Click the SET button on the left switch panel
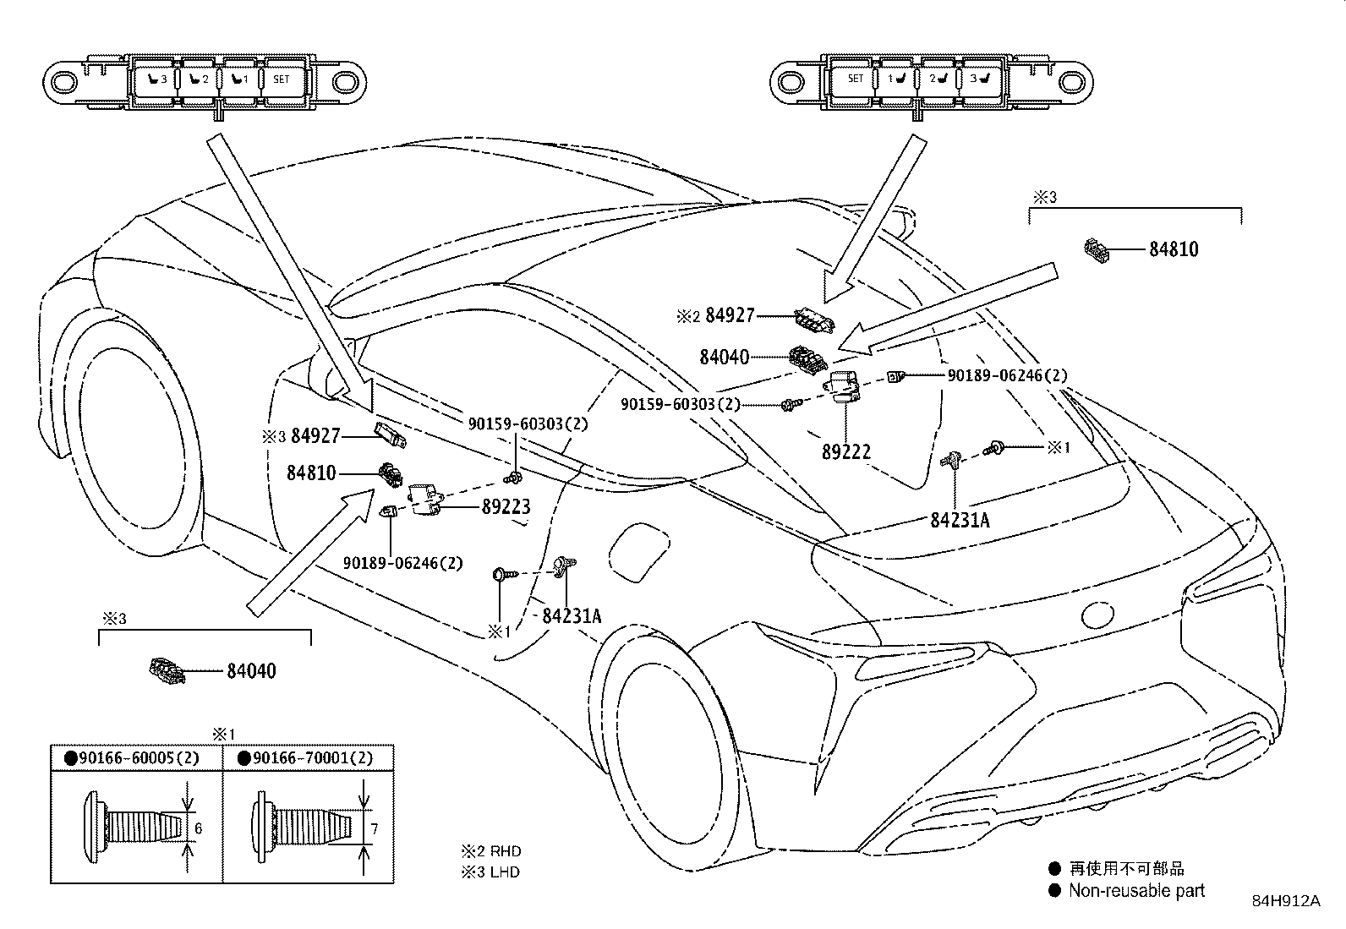click(282, 80)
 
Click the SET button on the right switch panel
click(855, 79)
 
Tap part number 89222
click(845, 451)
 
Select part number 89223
click(506, 507)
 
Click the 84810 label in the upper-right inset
click(1173, 249)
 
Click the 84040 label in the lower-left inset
click(251, 671)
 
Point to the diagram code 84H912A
click(1285, 901)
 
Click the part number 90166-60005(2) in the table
click(139, 758)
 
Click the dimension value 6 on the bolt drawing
click(199, 828)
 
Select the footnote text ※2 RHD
click(490, 851)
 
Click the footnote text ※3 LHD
click(490, 872)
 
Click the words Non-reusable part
click(1136, 890)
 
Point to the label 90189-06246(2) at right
click(1007, 375)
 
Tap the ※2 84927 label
click(715, 316)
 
